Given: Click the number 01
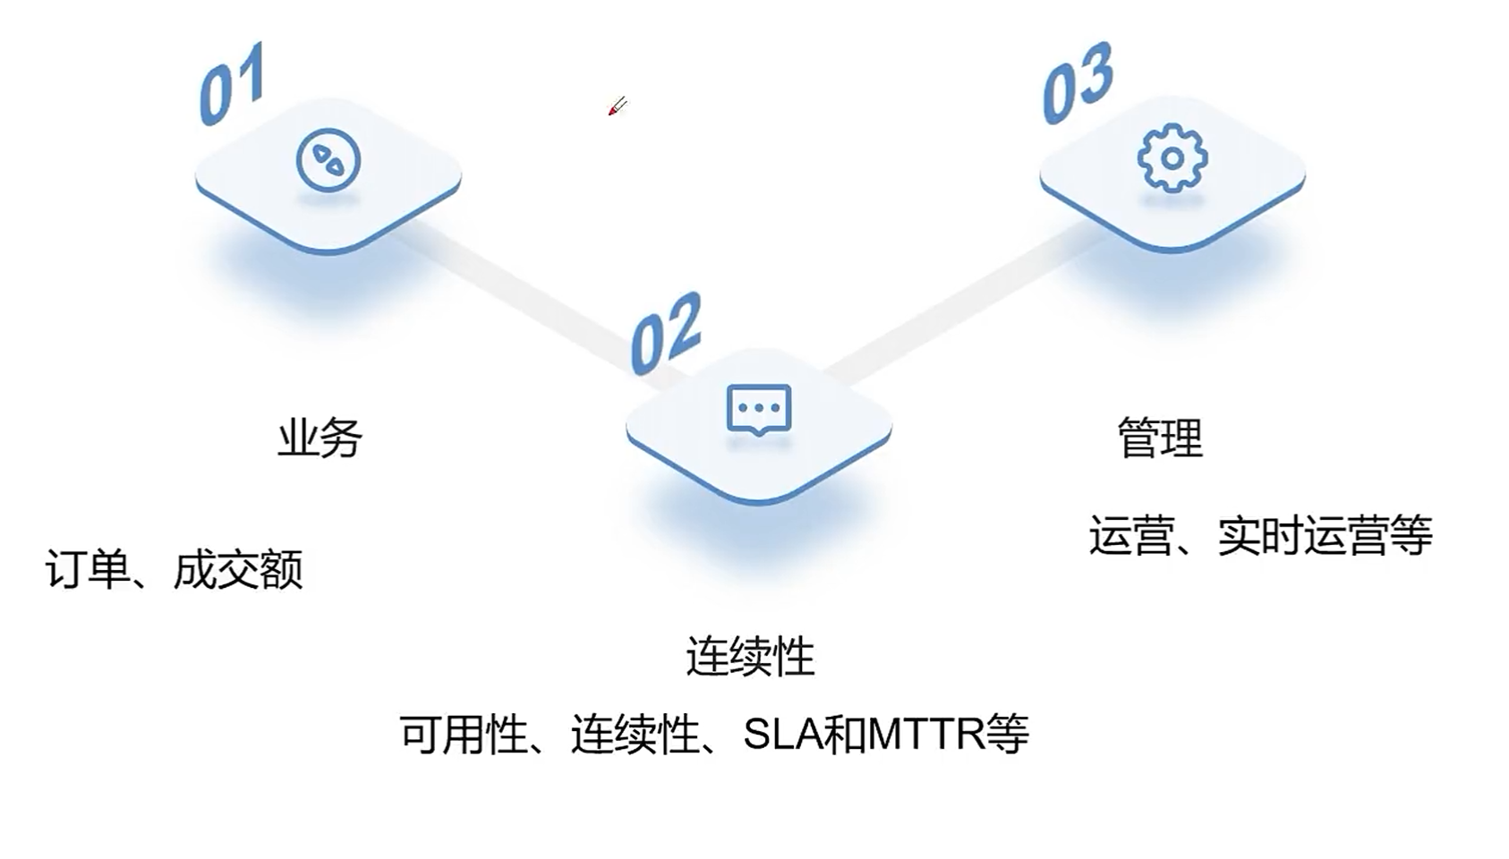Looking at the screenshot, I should click(x=231, y=84).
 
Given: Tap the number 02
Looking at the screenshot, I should click(x=666, y=334).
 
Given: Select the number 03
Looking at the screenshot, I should click(x=1078, y=82).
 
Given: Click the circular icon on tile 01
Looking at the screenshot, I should click(x=328, y=161).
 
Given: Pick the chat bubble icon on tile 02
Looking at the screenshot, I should click(x=759, y=410).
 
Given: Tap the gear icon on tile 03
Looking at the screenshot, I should click(x=1172, y=158).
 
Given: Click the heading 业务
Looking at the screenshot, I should click(x=320, y=438).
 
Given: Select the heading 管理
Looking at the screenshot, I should click(x=1160, y=438).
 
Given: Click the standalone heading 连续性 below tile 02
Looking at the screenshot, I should click(x=750, y=658).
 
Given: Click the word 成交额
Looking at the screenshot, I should click(x=238, y=570).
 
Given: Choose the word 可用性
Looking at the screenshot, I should click(x=463, y=736).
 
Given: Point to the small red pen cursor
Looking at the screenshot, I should click(x=617, y=107).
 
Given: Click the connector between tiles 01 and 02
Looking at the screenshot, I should click(x=519, y=295).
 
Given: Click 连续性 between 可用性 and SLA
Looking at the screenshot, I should click(x=635, y=736).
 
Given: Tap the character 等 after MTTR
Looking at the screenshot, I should click(x=1008, y=736).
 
